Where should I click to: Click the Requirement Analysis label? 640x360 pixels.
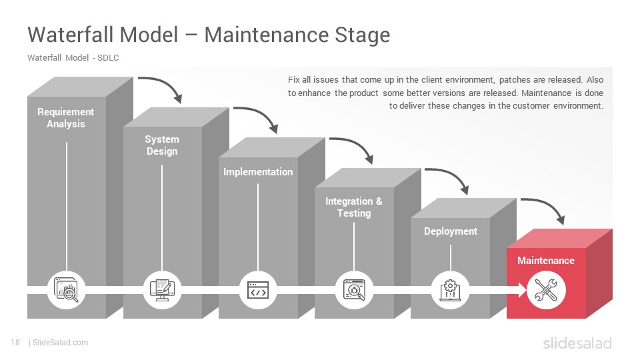pos(66,118)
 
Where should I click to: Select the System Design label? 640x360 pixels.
pos(162,145)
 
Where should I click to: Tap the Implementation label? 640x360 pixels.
pos(258,172)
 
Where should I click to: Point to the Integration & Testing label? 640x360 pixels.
pos(354,207)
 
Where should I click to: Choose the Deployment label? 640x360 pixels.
pos(451,231)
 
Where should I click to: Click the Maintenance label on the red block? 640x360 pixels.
pos(546,261)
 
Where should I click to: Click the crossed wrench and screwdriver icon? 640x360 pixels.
pos(546,290)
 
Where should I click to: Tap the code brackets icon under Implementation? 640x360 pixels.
pos(258,290)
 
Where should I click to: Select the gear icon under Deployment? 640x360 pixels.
pos(450,290)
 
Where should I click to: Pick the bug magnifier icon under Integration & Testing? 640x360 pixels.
pos(354,290)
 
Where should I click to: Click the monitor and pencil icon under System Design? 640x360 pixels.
pos(162,290)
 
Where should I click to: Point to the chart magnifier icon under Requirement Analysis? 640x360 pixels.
pos(66,290)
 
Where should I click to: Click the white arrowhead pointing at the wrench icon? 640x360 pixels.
pos(523,290)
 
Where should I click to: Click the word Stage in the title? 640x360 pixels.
pos(363,35)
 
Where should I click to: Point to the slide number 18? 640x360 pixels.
pos(15,343)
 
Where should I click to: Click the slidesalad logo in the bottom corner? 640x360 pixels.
pos(577,343)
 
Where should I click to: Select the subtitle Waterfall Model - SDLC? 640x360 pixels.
pos(73,57)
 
